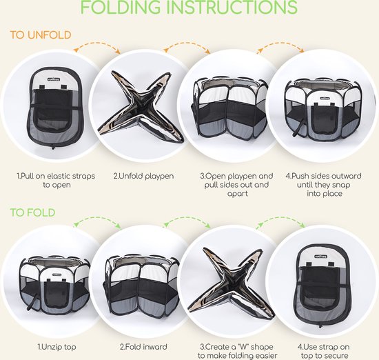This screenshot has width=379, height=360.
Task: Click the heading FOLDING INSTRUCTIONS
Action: pos(189,7)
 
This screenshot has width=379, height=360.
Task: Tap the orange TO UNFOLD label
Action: pos(41,35)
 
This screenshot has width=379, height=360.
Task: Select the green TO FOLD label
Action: pos(32,212)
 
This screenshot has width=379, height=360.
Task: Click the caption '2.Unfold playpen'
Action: pos(143,176)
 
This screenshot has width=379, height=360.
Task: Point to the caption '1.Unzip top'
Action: pos(57,347)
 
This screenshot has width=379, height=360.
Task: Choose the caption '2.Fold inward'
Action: pos(143,347)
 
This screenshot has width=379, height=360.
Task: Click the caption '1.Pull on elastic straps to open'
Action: pos(56,181)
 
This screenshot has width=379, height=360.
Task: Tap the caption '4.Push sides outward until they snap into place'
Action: pos(324,185)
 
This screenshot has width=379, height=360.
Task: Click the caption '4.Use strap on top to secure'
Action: pos(324,351)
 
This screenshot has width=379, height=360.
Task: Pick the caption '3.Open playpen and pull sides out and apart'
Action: pos(236,185)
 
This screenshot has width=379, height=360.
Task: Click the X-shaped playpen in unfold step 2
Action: pos(141,106)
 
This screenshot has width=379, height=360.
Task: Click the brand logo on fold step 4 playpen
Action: pos(320,257)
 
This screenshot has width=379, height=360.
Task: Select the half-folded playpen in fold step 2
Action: pos(142,285)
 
